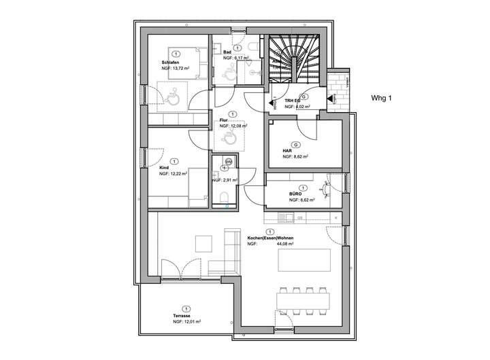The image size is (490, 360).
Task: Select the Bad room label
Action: [227, 52]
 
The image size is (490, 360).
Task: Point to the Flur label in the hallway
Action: [224, 120]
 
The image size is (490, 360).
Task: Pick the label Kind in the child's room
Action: [164, 167]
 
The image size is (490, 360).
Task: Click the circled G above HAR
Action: [295, 145]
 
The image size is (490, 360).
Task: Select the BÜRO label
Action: [295, 194]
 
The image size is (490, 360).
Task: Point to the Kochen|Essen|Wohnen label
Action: [273, 238]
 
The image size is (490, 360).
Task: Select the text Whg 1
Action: [382, 98]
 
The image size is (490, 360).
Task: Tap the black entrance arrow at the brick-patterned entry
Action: [330, 99]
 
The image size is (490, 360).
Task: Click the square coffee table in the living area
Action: [203, 242]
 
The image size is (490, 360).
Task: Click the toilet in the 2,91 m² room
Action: [225, 197]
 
